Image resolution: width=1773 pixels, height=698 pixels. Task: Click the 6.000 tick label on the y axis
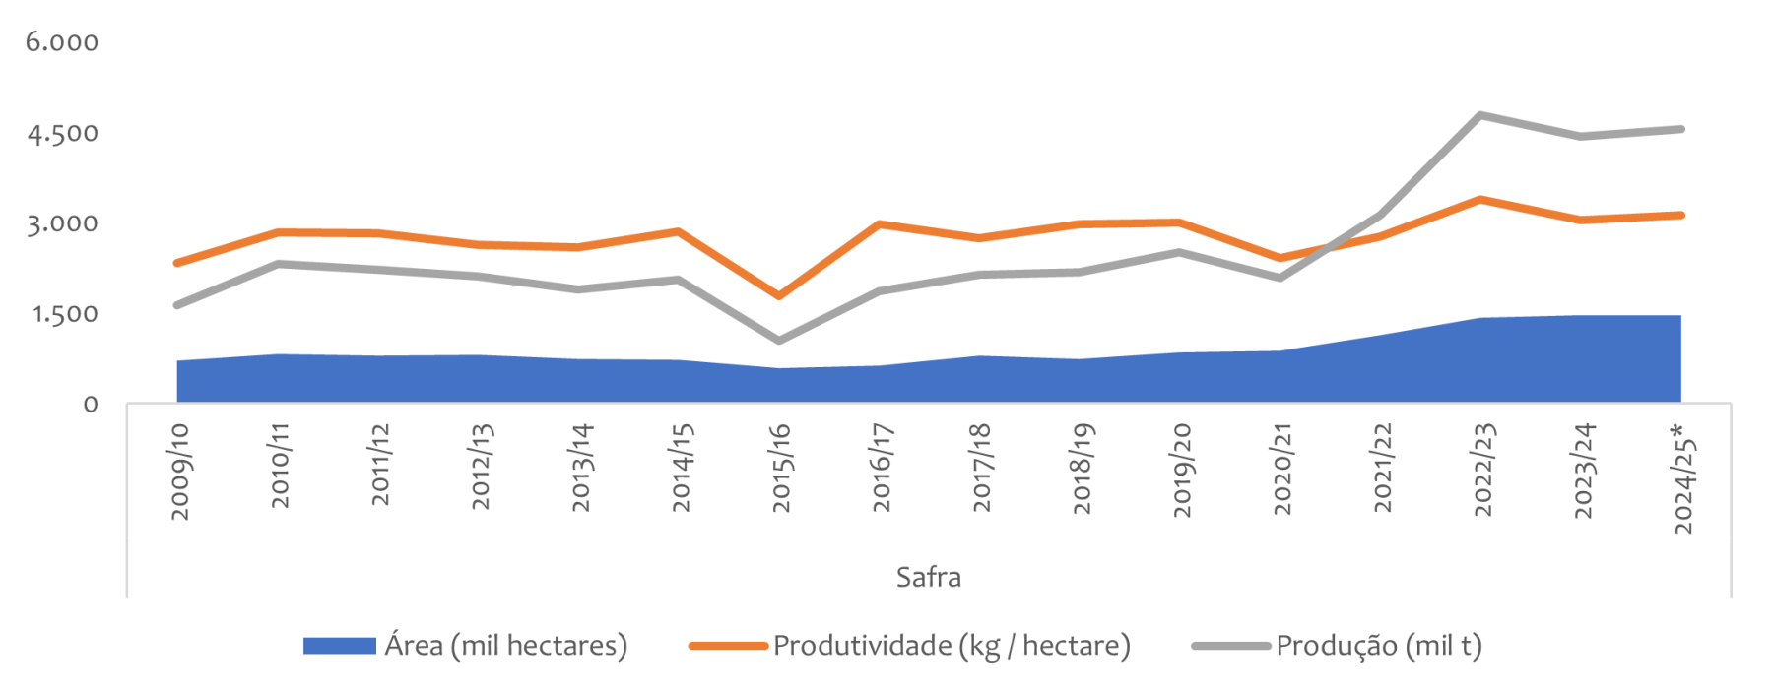62,42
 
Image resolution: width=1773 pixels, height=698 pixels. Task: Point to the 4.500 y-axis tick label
62,133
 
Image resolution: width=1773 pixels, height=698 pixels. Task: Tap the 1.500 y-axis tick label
65,314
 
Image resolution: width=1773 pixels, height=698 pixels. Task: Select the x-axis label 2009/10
180,472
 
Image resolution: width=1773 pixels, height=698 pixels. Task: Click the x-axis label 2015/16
781,468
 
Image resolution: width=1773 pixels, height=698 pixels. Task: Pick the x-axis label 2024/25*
1684,478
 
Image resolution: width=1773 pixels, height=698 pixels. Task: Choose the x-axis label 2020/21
1282,469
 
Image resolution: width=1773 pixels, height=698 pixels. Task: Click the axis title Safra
928,577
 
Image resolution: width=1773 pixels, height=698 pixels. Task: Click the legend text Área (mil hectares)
505,646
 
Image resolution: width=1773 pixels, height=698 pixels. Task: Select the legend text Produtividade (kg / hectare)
952,646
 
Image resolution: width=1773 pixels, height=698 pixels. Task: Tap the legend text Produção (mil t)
1379,646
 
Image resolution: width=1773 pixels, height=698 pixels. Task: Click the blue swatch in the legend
339,646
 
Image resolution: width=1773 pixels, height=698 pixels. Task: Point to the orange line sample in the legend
728,646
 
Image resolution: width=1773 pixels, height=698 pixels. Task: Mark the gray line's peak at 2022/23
1481,115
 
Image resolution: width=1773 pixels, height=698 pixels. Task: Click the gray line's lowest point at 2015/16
779,341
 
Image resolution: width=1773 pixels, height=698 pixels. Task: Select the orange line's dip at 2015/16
779,295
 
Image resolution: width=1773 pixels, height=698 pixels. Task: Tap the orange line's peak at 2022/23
1481,200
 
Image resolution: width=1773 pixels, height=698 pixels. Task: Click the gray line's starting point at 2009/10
177,305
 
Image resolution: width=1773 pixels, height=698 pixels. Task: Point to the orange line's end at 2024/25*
1680,215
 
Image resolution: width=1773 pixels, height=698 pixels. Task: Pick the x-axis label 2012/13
481,467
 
